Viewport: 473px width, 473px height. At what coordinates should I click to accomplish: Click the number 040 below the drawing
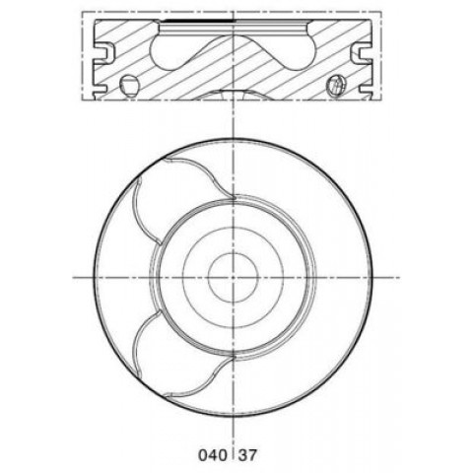point(213,455)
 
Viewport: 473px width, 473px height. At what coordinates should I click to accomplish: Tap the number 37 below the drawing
point(248,455)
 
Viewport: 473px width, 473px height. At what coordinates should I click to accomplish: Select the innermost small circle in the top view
point(233,278)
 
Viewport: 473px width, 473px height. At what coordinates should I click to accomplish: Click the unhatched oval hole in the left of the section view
point(129,86)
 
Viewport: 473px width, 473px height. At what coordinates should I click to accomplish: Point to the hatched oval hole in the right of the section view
point(336,86)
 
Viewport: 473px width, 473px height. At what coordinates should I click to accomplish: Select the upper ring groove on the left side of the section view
point(105,52)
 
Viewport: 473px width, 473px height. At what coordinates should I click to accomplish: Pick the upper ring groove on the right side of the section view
point(361,52)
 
